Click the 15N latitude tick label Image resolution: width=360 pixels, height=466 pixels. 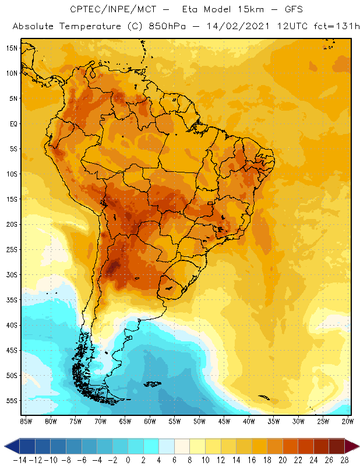tap(12, 48)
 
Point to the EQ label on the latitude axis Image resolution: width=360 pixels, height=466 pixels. tap(13, 123)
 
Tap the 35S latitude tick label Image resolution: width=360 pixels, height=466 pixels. tap(12, 300)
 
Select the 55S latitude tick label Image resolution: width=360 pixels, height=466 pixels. tap(12, 401)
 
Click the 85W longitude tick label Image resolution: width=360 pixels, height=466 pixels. tap(26, 421)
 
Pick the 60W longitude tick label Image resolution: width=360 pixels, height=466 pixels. tap(150, 421)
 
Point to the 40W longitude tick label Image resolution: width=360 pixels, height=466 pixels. tap(249, 421)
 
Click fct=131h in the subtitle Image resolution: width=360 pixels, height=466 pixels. tap(337, 26)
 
